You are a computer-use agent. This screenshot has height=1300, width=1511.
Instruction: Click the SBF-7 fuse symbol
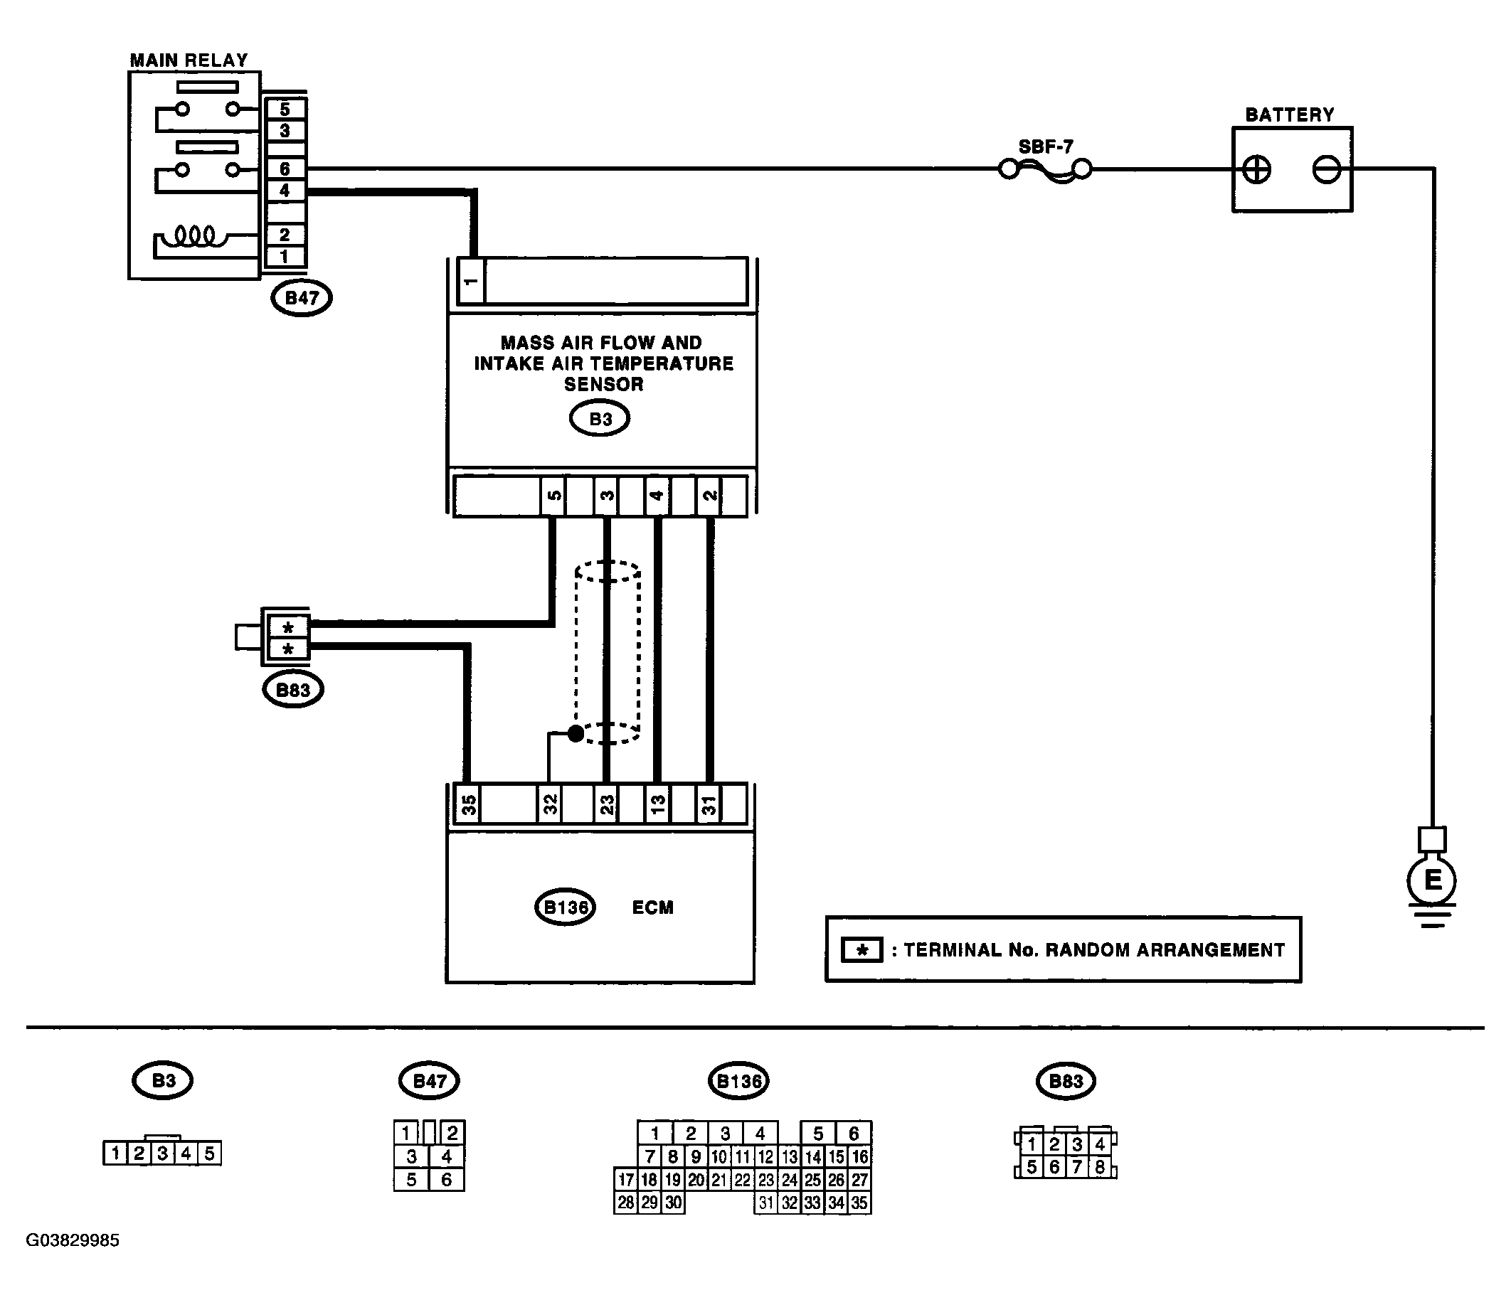[x=1045, y=171]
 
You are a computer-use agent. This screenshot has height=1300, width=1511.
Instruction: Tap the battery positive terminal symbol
[x=1256, y=170]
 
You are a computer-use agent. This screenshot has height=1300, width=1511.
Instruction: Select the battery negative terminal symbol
[x=1327, y=170]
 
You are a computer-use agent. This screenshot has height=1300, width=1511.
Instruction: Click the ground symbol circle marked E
[x=1431, y=880]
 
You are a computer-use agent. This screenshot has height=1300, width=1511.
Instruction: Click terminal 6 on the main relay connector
[x=285, y=169]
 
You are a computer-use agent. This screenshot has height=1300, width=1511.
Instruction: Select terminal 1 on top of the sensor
[x=470, y=281]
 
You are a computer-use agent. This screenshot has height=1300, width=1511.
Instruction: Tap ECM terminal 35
[x=467, y=804]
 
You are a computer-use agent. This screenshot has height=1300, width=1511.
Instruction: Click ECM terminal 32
[x=550, y=804]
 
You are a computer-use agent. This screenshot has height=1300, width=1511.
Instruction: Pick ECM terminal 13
[x=657, y=804]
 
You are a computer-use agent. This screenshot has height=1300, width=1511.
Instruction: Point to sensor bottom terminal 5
[x=553, y=496]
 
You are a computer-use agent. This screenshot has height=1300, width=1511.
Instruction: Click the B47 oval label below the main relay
[x=301, y=297]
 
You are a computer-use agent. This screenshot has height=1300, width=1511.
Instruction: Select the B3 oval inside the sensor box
[x=600, y=420]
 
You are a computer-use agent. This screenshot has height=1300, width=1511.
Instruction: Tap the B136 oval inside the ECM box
[x=565, y=907]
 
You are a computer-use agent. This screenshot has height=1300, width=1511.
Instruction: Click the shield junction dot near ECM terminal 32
[x=576, y=733]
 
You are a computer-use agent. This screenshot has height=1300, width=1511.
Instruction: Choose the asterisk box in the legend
[x=861, y=950]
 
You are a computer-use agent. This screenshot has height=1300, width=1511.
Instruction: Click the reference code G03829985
[x=73, y=1240]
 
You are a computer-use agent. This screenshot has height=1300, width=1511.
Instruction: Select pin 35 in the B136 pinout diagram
[x=859, y=1203]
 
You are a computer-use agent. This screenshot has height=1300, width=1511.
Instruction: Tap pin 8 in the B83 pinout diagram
[x=1100, y=1166]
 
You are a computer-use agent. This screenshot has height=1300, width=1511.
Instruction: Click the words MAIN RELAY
[x=189, y=60]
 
